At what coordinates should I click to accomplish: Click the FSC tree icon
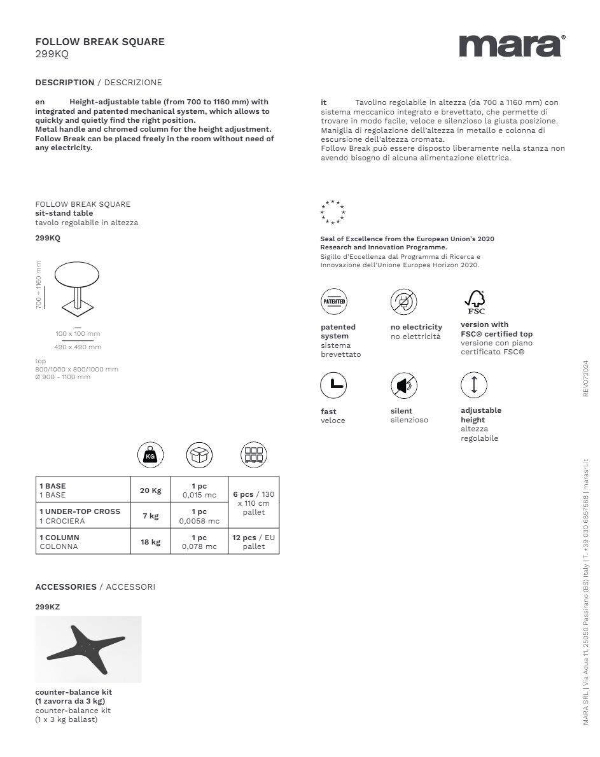click(475, 301)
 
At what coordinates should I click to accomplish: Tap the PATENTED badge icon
click(334, 302)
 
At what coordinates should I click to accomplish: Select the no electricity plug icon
click(403, 302)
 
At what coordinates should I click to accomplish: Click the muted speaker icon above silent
click(403, 385)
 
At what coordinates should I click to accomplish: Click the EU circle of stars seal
click(333, 212)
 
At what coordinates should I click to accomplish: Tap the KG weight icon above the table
click(150, 455)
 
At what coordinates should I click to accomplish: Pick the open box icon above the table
click(199, 455)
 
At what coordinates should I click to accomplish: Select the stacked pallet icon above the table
click(253, 455)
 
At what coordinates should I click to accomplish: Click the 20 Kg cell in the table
click(151, 490)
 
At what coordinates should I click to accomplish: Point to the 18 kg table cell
click(151, 542)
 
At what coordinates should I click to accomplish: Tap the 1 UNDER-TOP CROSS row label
click(80, 511)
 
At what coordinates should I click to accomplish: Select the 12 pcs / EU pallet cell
click(253, 542)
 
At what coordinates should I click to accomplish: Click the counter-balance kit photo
click(88, 649)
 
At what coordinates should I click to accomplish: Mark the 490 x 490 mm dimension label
click(78, 347)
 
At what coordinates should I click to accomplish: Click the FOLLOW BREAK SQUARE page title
click(100, 42)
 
